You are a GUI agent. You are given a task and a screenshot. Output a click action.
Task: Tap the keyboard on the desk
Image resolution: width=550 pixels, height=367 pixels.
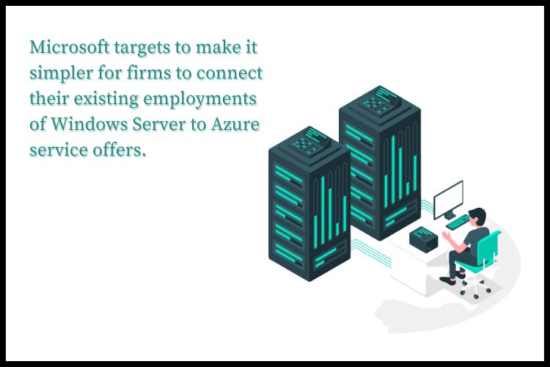[x=459, y=220]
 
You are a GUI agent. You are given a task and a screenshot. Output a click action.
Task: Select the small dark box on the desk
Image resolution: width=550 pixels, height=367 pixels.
[x=424, y=238]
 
